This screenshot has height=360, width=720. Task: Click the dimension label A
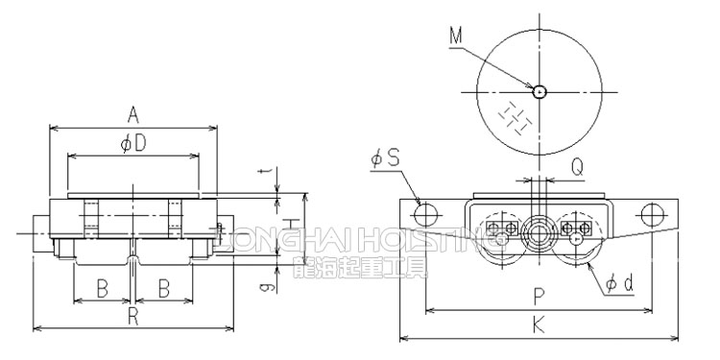(133, 115)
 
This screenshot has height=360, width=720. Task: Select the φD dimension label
(133, 145)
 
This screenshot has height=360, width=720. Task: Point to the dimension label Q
(576, 166)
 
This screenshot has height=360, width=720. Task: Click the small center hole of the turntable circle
(540, 92)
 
